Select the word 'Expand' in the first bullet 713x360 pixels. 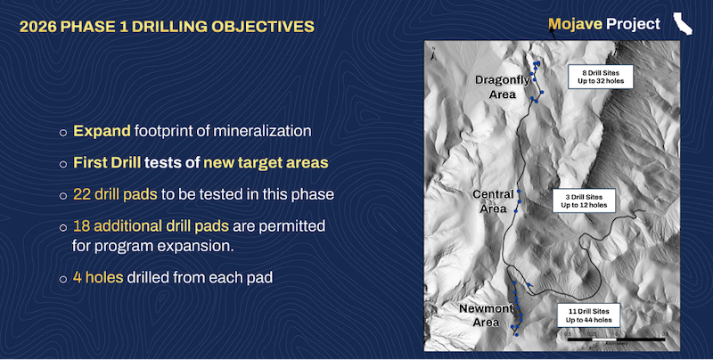point(102,131)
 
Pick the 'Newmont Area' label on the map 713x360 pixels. point(486,315)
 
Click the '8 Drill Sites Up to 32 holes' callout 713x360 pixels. point(600,75)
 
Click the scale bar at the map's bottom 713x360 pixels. point(599,339)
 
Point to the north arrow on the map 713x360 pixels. point(431,56)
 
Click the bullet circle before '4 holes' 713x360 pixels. point(63,278)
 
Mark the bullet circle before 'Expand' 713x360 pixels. point(63,132)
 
